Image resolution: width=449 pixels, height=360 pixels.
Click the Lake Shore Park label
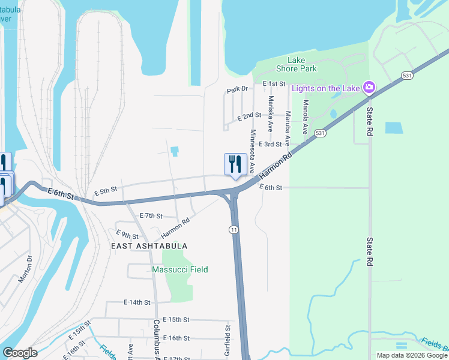click(x=297, y=64)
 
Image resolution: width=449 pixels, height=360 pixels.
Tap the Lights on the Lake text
click(x=326, y=89)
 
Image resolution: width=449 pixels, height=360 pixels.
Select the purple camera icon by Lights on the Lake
click(x=369, y=88)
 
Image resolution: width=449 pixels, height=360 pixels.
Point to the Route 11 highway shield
click(x=233, y=229)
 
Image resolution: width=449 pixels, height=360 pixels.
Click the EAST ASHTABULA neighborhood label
click(x=149, y=246)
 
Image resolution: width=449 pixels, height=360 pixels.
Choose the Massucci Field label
click(x=180, y=270)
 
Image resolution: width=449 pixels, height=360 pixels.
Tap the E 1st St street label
click(x=273, y=83)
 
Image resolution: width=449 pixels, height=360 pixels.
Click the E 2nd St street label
click(x=249, y=115)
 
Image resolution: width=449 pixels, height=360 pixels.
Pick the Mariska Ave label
click(x=271, y=114)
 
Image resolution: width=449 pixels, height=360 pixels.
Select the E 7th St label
click(x=151, y=215)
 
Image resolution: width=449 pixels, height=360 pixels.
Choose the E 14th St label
click(x=136, y=302)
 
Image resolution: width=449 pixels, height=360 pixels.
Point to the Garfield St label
click(x=228, y=340)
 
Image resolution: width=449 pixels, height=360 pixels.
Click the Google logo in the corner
click(x=20, y=353)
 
